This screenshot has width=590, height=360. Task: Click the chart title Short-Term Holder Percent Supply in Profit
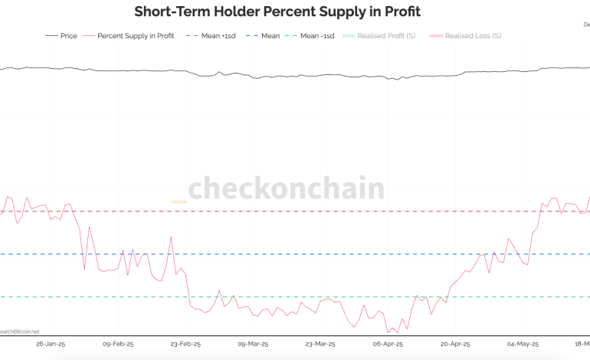click(x=277, y=11)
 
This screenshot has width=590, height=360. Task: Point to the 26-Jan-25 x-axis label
click(x=51, y=344)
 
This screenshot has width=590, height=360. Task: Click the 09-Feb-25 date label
click(x=118, y=344)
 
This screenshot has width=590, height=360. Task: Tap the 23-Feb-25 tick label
click(x=185, y=344)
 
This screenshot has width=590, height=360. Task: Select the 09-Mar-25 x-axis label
click(x=252, y=344)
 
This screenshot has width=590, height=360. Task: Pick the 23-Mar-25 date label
click(x=320, y=344)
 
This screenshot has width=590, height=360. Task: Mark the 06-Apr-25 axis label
click(x=388, y=344)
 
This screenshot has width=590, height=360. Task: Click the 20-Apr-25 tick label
click(x=455, y=344)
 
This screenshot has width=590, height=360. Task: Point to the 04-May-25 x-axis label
click(x=523, y=344)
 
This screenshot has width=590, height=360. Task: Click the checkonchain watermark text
click(x=287, y=188)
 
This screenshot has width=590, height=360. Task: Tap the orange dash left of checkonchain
click(x=179, y=201)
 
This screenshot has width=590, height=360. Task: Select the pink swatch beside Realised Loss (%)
click(x=438, y=36)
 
